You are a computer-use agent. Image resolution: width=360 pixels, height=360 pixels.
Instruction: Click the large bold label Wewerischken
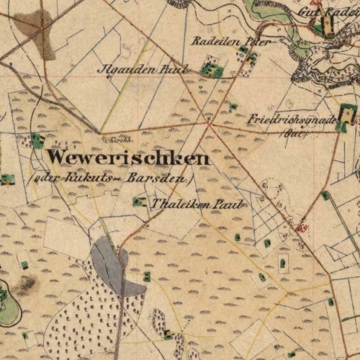click(x=128, y=158)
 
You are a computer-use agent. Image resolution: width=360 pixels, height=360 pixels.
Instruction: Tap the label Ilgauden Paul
click(x=142, y=69)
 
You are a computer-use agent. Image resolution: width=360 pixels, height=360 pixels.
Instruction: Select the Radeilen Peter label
click(x=230, y=41)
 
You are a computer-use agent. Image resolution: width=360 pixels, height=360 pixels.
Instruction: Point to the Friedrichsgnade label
click(x=291, y=120)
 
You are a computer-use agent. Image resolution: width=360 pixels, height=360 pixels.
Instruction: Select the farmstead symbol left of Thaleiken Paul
click(x=138, y=202)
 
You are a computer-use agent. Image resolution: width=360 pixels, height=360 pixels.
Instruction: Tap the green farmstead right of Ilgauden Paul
click(x=211, y=70)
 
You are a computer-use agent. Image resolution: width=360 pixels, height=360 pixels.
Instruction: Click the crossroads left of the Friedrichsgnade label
click(x=209, y=124)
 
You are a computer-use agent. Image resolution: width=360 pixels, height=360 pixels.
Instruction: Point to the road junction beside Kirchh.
click(x=99, y=132)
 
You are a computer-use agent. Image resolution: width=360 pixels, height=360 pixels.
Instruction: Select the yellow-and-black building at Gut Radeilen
click(x=328, y=27)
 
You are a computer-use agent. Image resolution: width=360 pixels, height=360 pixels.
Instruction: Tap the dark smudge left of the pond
click(x=25, y=284)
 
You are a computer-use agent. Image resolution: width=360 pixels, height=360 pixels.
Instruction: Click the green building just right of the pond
click(x=147, y=276)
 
